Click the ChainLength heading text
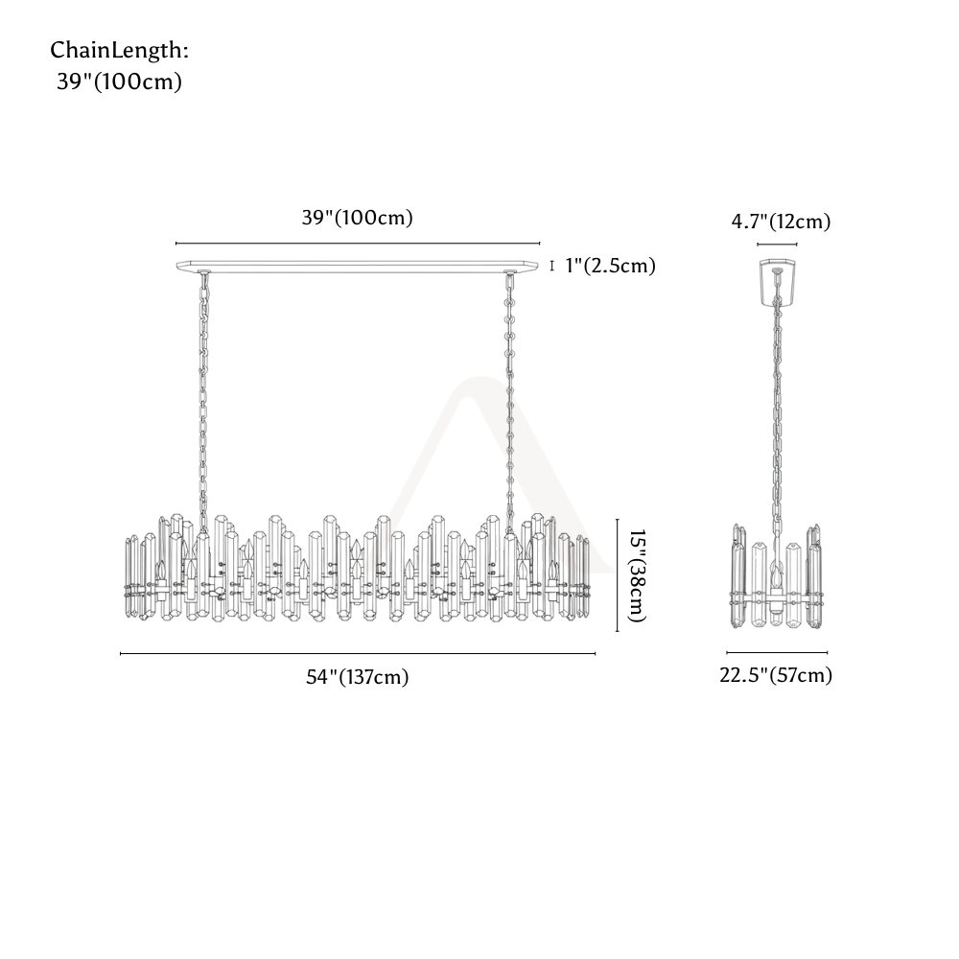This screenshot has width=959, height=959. pos(119,51)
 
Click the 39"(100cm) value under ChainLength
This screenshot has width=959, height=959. pos(119,82)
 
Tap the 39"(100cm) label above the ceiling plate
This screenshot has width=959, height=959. pos(357,218)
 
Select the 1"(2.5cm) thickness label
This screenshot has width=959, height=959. pos(610,266)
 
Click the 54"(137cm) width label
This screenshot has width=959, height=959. pos(357,677)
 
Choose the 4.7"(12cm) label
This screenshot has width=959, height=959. pos(781,222)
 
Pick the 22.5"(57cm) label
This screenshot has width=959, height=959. pos(776,675)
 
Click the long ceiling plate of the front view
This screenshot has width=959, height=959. pos(357,266)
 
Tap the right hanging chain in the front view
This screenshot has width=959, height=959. pos(508,401)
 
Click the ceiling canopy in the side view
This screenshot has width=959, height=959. pos(777,283)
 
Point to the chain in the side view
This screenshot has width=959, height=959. pos(777,416)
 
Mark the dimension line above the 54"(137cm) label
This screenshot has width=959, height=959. pos(357,654)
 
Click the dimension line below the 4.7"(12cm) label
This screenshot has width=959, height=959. pos(777,245)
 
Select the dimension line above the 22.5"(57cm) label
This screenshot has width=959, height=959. pos(777,652)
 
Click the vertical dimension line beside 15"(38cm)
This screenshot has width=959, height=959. pos(617,574)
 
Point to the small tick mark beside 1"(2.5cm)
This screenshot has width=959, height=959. pos(552,266)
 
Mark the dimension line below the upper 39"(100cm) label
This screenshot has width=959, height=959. pos(358,244)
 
